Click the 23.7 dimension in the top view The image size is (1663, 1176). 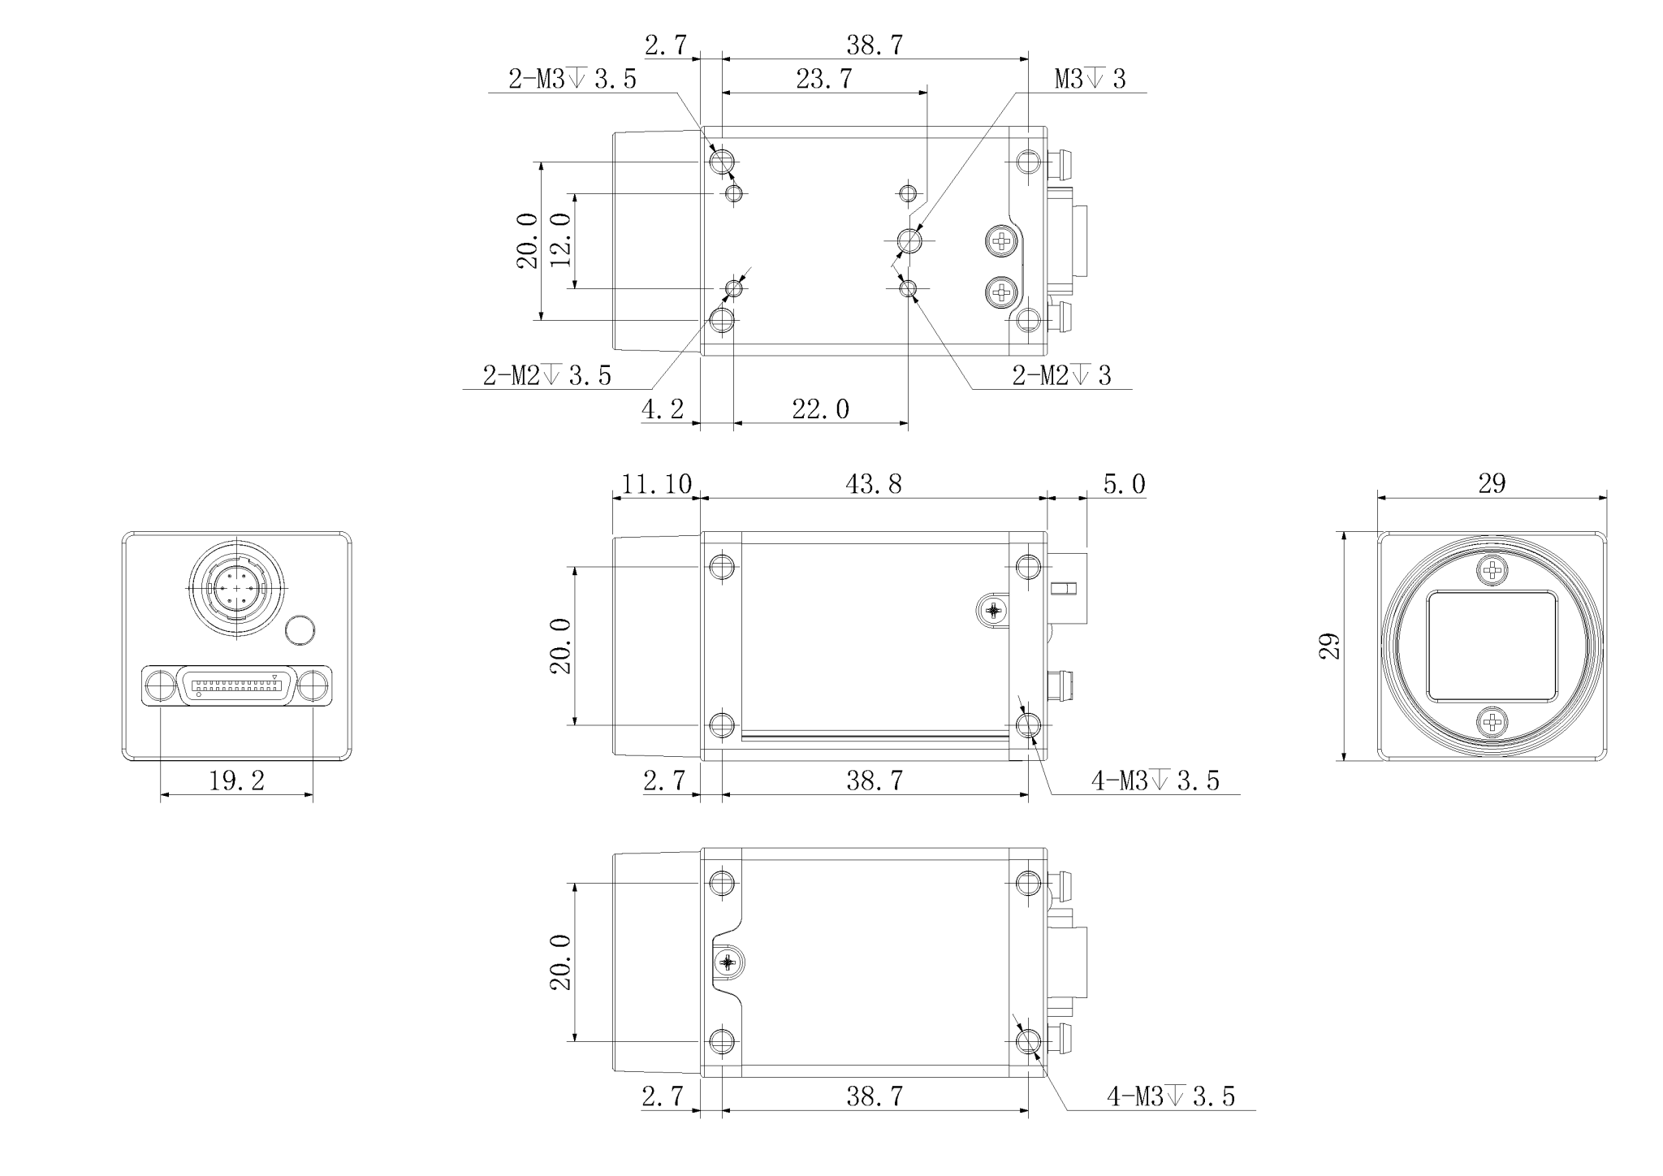pyautogui.click(x=823, y=79)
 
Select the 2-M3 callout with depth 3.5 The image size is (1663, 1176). pyautogui.click(x=572, y=80)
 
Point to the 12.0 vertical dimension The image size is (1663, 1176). pyautogui.click(x=561, y=240)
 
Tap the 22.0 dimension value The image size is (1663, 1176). pyautogui.click(x=821, y=409)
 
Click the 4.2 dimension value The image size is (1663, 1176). pyautogui.click(x=663, y=409)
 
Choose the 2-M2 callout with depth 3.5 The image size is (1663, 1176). pyautogui.click(x=547, y=375)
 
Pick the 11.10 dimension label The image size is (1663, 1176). pyautogui.click(x=656, y=484)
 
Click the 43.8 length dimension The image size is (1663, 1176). pyautogui.click(x=874, y=484)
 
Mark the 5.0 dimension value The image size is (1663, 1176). pyautogui.click(x=1124, y=484)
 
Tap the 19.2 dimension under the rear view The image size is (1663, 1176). pyautogui.click(x=236, y=781)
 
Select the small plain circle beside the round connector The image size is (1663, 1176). pyautogui.click(x=300, y=630)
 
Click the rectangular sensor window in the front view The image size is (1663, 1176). pyautogui.click(x=1492, y=646)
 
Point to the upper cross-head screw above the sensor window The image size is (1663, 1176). pyautogui.click(x=1492, y=571)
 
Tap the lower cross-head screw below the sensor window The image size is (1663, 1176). pyautogui.click(x=1492, y=721)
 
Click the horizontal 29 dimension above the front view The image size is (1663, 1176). pyautogui.click(x=1492, y=484)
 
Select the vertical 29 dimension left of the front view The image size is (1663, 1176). pyautogui.click(x=1330, y=646)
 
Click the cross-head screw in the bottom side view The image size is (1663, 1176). pyautogui.click(x=728, y=962)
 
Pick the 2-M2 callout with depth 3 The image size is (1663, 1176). pyautogui.click(x=1061, y=375)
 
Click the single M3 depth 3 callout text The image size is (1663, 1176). pyautogui.click(x=1091, y=80)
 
